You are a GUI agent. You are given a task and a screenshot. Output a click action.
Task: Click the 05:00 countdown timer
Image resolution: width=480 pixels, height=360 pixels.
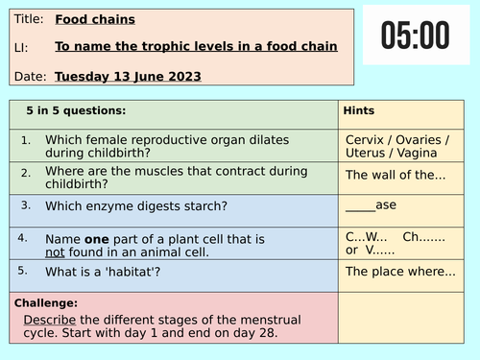415,36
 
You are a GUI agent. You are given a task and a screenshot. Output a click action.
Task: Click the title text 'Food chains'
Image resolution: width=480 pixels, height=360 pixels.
95,18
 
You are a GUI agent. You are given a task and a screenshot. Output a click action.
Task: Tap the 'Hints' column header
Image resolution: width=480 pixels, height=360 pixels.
359,111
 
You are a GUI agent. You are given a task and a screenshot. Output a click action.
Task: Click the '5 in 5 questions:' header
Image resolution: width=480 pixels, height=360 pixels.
76,111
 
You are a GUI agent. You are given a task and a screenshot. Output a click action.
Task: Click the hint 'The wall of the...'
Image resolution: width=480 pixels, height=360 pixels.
396,175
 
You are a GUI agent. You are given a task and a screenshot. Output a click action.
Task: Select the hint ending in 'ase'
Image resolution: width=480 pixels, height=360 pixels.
370,204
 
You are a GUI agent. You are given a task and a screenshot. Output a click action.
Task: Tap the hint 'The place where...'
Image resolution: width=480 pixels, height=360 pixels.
400,271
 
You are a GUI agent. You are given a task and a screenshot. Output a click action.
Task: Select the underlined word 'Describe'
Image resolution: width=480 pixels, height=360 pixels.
51,319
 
